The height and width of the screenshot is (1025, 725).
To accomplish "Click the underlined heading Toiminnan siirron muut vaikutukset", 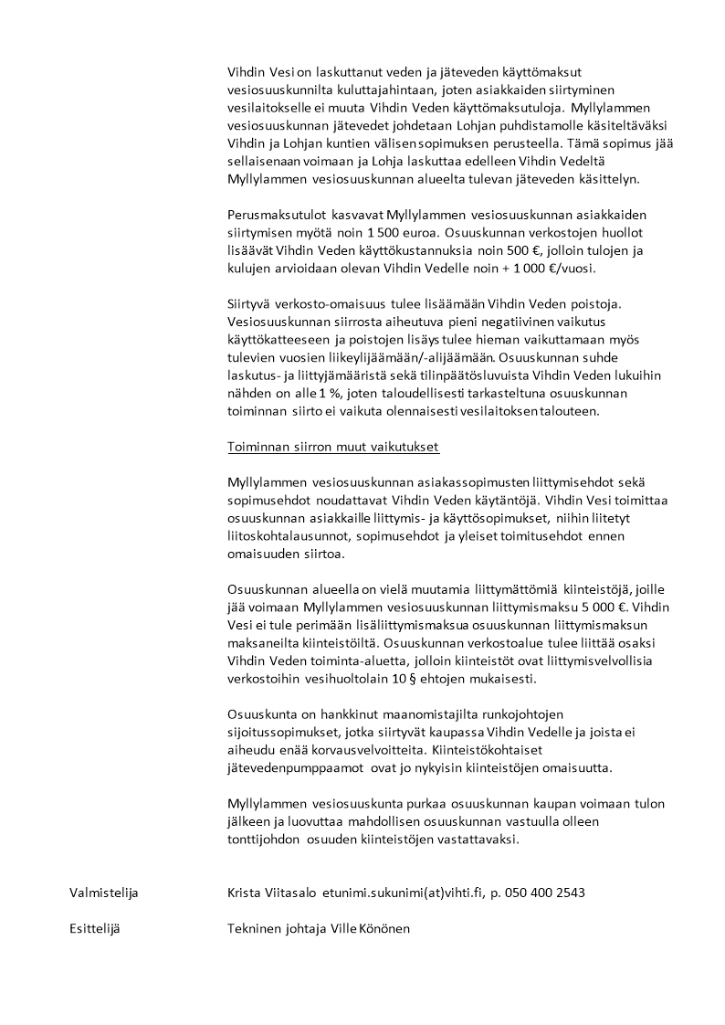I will point(333,448).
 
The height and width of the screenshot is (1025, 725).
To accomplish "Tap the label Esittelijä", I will point(95,929).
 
